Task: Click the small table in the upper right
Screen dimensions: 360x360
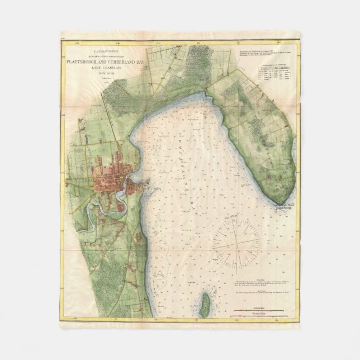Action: click(x=277, y=75)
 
